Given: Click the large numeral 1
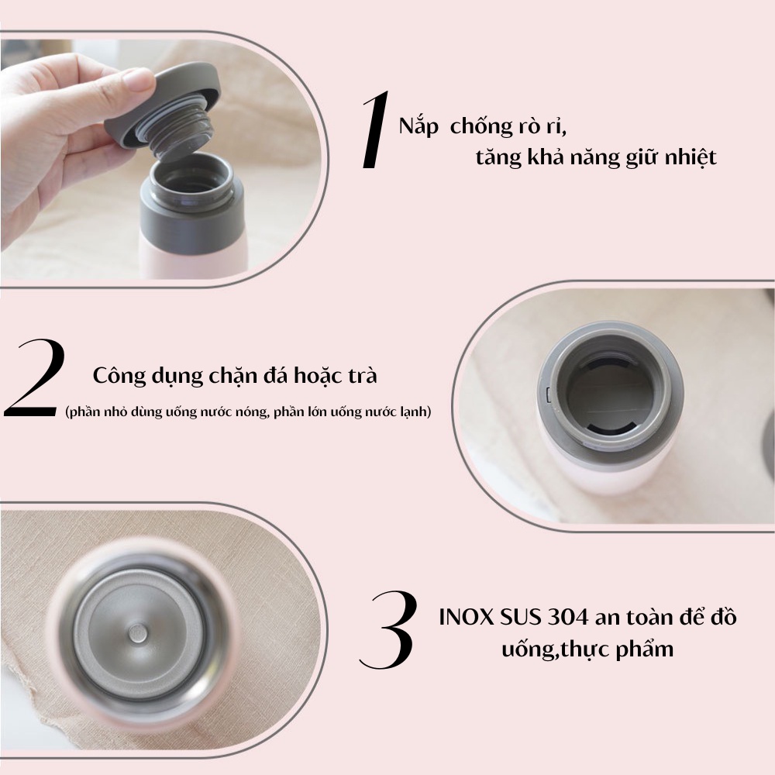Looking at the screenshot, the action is (x=376, y=130).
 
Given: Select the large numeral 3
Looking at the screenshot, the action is (x=388, y=630).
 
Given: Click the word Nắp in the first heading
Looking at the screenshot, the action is (x=418, y=126).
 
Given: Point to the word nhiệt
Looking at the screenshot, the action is (x=691, y=158).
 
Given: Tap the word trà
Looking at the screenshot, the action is (x=362, y=376).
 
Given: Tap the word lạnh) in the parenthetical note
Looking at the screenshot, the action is (x=415, y=412).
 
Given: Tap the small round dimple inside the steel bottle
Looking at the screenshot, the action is (x=137, y=633).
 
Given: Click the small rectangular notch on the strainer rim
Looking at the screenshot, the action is (x=549, y=394).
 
